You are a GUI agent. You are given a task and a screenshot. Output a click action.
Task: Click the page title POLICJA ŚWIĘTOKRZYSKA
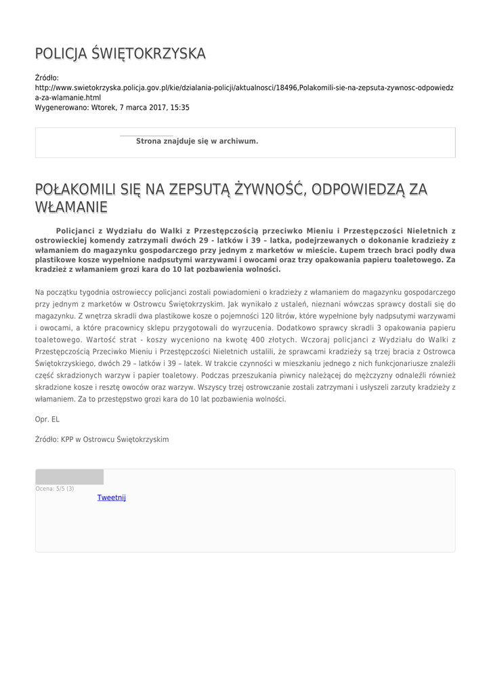[120, 54]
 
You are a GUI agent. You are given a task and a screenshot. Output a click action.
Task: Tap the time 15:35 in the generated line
[179, 108]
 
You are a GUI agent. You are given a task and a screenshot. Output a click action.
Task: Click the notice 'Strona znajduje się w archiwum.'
[197, 142]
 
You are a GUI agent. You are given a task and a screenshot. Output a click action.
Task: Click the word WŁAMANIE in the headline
[71, 205]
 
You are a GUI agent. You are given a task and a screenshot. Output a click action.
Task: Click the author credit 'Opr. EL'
[47, 420]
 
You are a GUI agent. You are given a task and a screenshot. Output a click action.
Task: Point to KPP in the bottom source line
[67, 439]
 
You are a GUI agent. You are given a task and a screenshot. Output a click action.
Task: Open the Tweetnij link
[112, 497]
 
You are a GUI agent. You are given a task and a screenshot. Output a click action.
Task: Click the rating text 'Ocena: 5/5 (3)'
[55, 489]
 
